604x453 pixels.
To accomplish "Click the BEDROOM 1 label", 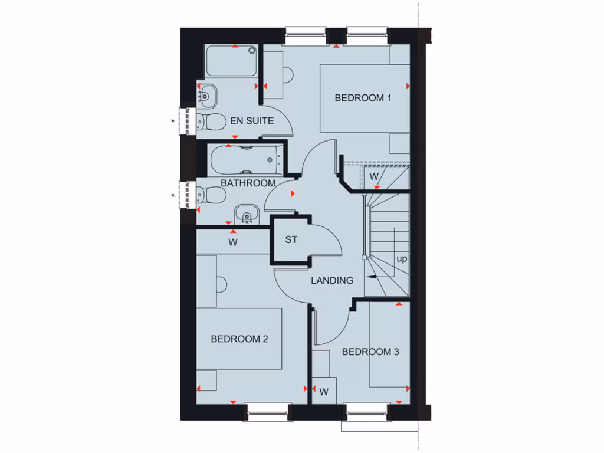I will click(363, 98).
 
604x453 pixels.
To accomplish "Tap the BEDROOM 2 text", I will click(239, 339).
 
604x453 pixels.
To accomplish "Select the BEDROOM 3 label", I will click(370, 352).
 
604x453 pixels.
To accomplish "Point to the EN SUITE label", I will click(252, 121).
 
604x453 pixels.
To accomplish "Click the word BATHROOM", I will click(248, 183).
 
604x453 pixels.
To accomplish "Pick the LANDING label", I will click(332, 281).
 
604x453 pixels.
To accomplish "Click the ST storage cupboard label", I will click(291, 240).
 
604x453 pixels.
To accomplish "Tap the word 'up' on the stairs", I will click(402, 259).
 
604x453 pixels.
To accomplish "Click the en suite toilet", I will click(211, 122).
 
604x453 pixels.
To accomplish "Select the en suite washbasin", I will click(206, 94).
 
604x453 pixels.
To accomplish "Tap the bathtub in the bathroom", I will click(245, 158).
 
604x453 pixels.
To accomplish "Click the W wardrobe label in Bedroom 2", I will click(233, 242).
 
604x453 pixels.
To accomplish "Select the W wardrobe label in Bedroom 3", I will click(324, 392).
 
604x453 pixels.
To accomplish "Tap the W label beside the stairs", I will click(373, 176).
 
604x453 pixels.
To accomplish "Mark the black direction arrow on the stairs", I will click(372, 276).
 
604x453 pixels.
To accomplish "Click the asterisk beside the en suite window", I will click(173, 121).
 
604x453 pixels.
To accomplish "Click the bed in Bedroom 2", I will click(239, 339).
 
